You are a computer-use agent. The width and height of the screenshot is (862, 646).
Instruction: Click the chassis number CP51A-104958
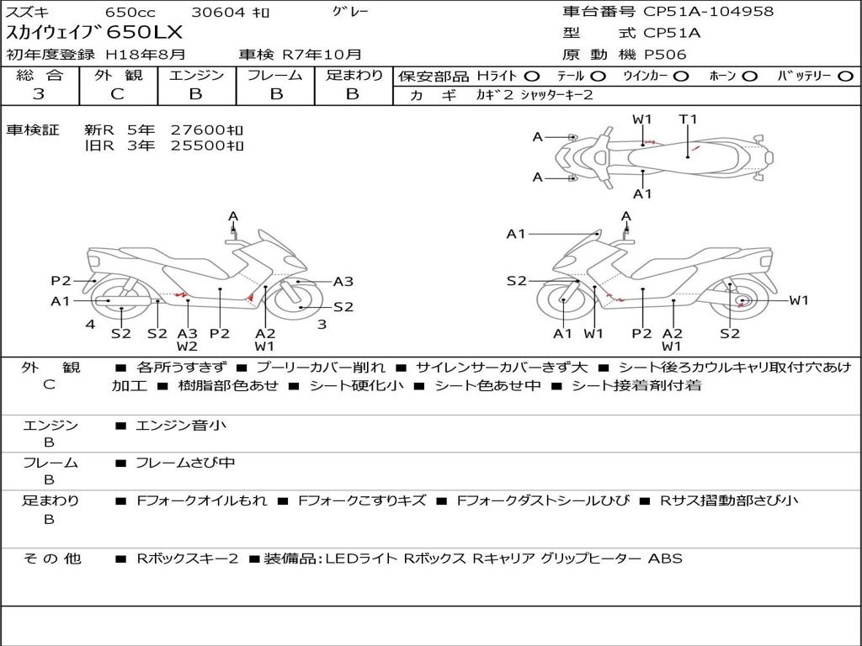(x=708, y=12)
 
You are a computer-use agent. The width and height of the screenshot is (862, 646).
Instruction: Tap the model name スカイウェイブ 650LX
(x=94, y=33)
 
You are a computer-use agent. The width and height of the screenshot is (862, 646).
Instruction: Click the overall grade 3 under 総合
(x=39, y=94)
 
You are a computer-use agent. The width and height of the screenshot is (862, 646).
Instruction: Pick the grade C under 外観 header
(x=117, y=94)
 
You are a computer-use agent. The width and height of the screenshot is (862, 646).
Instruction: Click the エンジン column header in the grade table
(x=196, y=75)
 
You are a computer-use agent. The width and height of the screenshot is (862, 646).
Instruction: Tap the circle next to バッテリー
(x=845, y=77)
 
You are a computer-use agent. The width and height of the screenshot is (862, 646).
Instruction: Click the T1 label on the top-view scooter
(x=688, y=119)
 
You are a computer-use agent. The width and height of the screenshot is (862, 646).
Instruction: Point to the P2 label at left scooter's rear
(x=61, y=281)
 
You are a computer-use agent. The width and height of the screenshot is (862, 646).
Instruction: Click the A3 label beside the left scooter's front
(x=343, y=281)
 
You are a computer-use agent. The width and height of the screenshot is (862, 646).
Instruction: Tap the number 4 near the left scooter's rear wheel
(x=90, y=324)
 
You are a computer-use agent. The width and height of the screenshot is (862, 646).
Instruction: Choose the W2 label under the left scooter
(x=187, y=346)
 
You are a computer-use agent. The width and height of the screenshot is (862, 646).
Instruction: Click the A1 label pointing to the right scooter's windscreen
(x=516, y=234)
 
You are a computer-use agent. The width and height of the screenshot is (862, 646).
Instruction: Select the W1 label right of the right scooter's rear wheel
(x=799, y=300)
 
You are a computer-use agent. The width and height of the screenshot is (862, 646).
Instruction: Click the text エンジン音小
(x=181, y=425)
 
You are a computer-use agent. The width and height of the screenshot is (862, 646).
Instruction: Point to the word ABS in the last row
(x=665, y=559)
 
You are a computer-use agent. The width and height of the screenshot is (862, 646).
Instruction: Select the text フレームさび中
(x=186, y=463)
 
